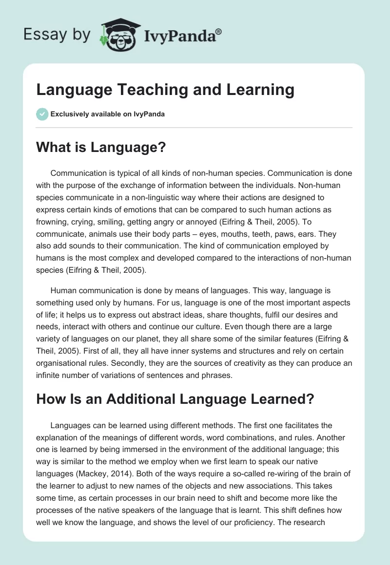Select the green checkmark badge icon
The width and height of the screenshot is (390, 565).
42,114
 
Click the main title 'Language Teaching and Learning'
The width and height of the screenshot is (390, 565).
165,90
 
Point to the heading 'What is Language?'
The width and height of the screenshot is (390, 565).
101,149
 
